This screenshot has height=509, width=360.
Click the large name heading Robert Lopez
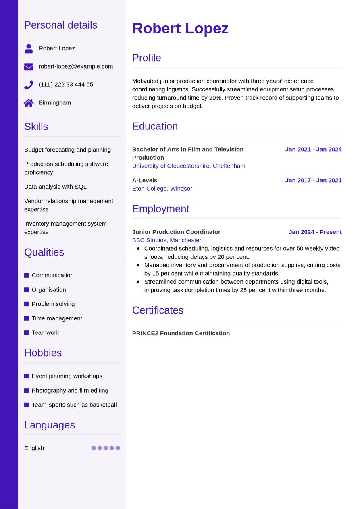coord(180,29)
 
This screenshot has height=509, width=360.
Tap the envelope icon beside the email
coord(29,66)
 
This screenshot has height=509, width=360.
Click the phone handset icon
coord(29,85)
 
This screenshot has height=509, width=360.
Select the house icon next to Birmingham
coord(29,103)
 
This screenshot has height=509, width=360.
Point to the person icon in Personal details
coord(29,48)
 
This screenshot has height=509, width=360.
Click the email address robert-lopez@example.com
coord(76,66)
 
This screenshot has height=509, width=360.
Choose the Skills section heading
coord(36,127)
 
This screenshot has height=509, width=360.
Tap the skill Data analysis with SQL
coord(55,187)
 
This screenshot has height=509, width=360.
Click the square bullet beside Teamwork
coord(27,333)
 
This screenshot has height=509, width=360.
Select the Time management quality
coord(57,318)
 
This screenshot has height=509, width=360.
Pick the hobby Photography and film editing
coord(70,390)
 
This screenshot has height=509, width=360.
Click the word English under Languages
coord(34,448)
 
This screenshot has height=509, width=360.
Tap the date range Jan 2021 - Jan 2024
coord(313,149)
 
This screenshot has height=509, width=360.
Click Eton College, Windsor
coord(162,188)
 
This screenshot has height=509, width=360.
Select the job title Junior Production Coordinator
coord(176,232)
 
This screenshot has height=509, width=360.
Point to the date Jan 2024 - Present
coord(315,232)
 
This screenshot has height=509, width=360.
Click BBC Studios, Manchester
coord(166,240)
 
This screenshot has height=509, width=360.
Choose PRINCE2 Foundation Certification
coord(181,333)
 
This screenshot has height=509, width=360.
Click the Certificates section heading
coord(158,310)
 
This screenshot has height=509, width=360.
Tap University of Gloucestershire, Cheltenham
coord(189,166)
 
